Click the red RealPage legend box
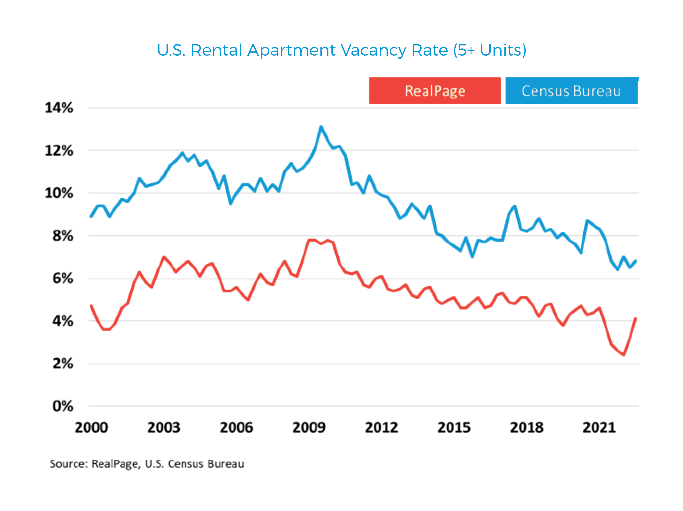coord(435,90)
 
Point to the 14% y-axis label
coord(59,108)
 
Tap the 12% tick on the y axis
coord(59,151)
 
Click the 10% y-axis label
coord(59,193)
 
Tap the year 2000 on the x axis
coord(91,428)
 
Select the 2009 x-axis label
coord(309,428)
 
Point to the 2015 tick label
coord(454,428)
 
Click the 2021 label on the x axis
coord(599,428)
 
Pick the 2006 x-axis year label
coord(236,428)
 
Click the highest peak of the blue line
coord(321,127)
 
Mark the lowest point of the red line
coord(624,355)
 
